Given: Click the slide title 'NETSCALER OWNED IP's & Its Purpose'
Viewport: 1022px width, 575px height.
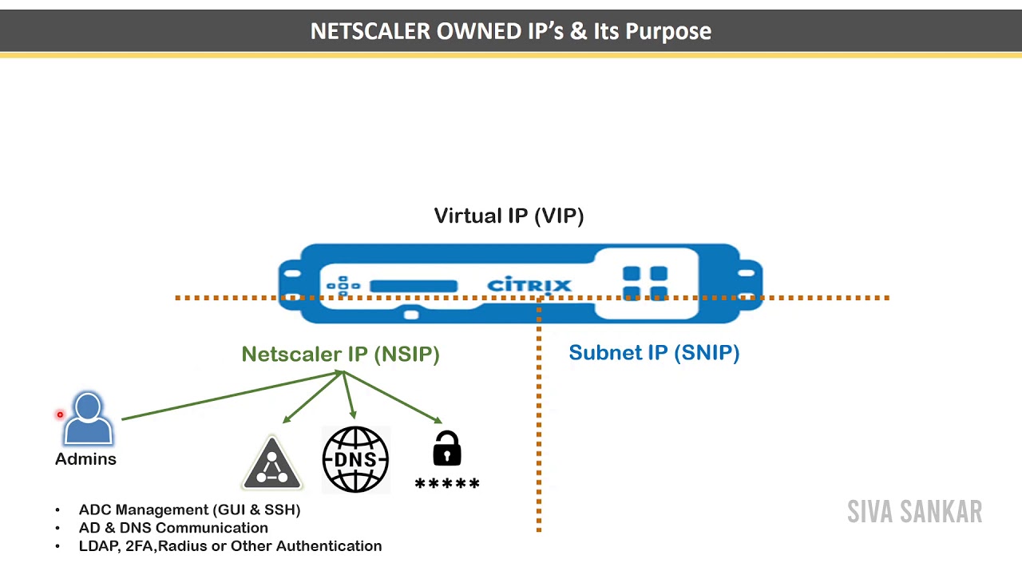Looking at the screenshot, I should pos(510,31).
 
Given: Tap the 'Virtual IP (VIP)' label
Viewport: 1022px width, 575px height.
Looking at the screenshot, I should pos(509,216).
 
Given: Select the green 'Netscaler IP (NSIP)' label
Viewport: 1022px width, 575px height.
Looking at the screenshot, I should pos(340,354).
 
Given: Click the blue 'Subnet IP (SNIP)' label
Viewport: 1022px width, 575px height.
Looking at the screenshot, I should pos(653,352).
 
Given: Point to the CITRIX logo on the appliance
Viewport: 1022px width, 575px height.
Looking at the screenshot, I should pos(529,285).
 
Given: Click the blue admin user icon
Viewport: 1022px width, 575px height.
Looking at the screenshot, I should pos(88,418).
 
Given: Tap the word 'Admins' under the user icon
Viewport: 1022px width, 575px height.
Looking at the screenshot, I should pos(85,459).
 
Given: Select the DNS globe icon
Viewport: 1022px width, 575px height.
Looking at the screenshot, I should pos(355,459).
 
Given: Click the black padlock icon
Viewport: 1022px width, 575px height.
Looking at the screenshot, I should pos(446,449).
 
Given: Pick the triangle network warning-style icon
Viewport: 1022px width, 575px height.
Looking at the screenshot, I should pos(272,464).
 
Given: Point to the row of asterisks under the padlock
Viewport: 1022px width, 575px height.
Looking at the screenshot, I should pos(447,484).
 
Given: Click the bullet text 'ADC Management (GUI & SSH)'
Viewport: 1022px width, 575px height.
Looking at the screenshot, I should pos(189,510).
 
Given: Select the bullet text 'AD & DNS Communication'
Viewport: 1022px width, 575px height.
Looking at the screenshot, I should pos(173,528).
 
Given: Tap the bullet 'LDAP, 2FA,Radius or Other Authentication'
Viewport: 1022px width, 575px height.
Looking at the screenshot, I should pos(230,546).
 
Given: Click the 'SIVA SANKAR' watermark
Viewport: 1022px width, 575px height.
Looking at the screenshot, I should pos(914,512).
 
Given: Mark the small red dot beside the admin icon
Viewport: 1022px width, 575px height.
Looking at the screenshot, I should pos(60,414).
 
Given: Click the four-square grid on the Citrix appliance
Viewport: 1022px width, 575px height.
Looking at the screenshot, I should pos(644,284).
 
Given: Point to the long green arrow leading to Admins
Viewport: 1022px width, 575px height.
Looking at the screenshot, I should pos(232,395).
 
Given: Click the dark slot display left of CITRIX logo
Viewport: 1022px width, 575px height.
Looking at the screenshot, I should pos(414,286).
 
